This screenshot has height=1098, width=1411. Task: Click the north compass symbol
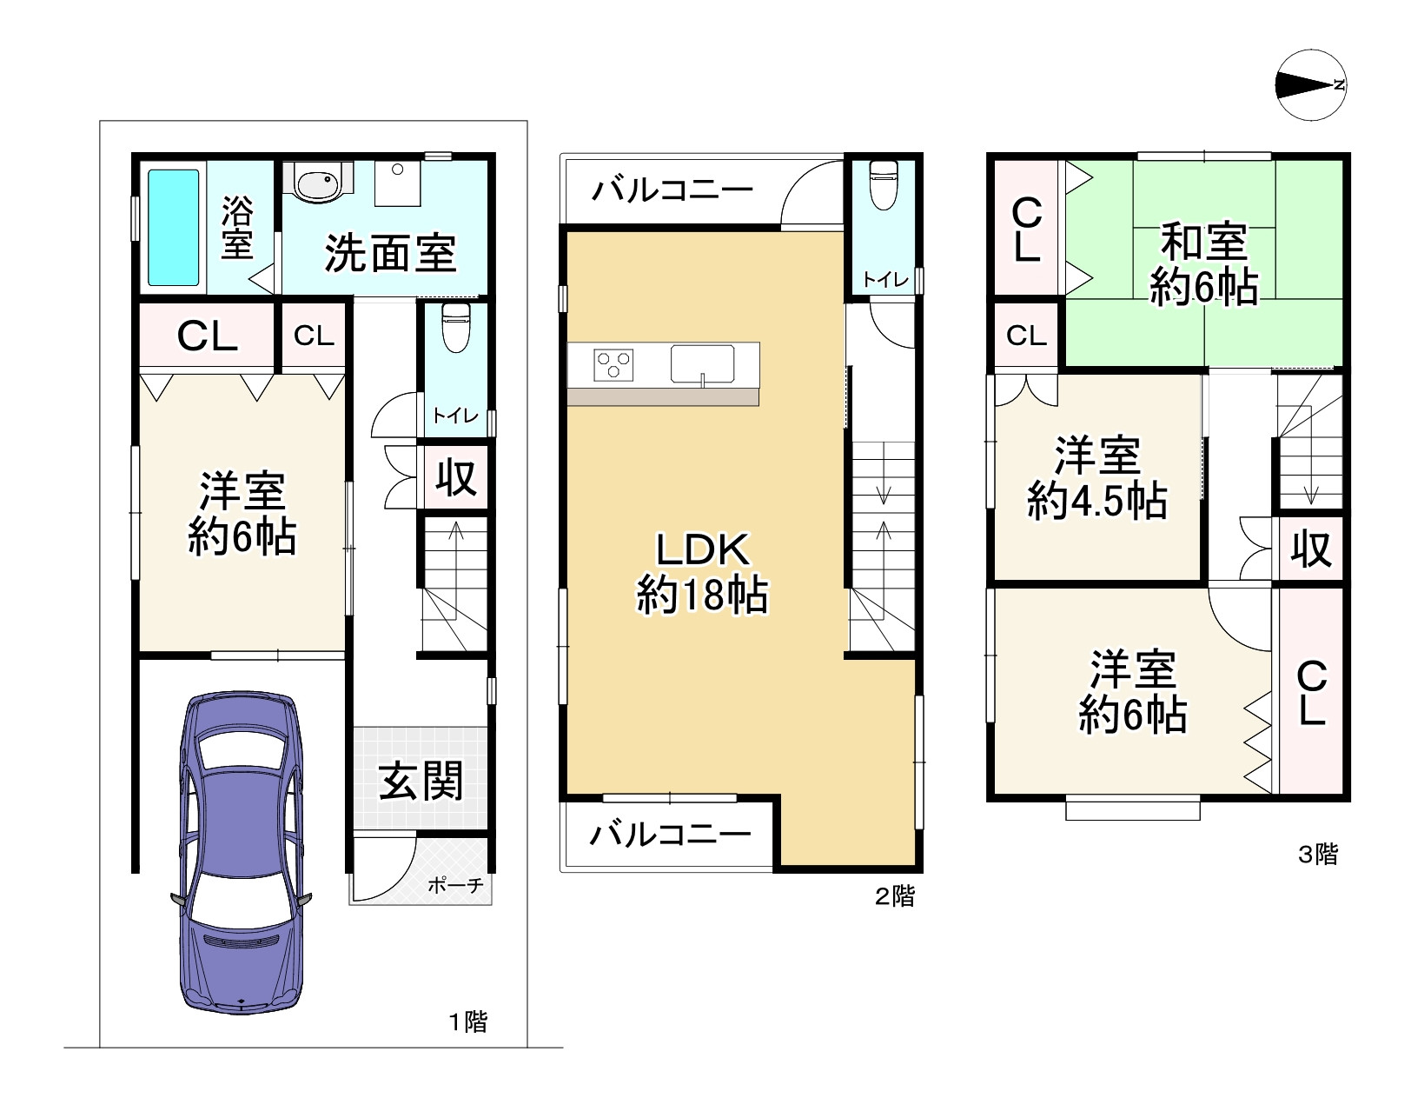click(x=1311, y=84)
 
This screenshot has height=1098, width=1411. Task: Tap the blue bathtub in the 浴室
click(x=173, y=227)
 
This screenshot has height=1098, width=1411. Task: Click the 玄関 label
click(x=421, y=780)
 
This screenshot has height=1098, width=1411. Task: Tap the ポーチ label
click(x=455, y=886)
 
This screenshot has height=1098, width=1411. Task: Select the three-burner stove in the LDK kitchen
click(x=613, y=364)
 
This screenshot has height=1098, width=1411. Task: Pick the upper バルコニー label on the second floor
click(x=672, y=189)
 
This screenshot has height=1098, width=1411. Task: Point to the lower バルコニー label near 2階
click(x=670, y=835)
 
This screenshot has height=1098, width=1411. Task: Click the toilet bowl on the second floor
click(x=883, y=183)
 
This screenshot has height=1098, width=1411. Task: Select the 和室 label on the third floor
click(x=1203, y=242)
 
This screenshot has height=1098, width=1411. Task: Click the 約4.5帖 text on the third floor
click(x=1096, y=501)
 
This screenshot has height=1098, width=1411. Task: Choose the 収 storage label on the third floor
click(x=1310, y=549)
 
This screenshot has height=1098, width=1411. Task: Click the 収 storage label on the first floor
click(x=455, y=477)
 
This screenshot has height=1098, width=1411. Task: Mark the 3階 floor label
click(x=1317, y=855)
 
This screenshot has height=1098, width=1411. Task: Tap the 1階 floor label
click(x=467, y=1021)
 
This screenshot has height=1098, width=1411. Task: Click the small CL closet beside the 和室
click(x=1026, y=335)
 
